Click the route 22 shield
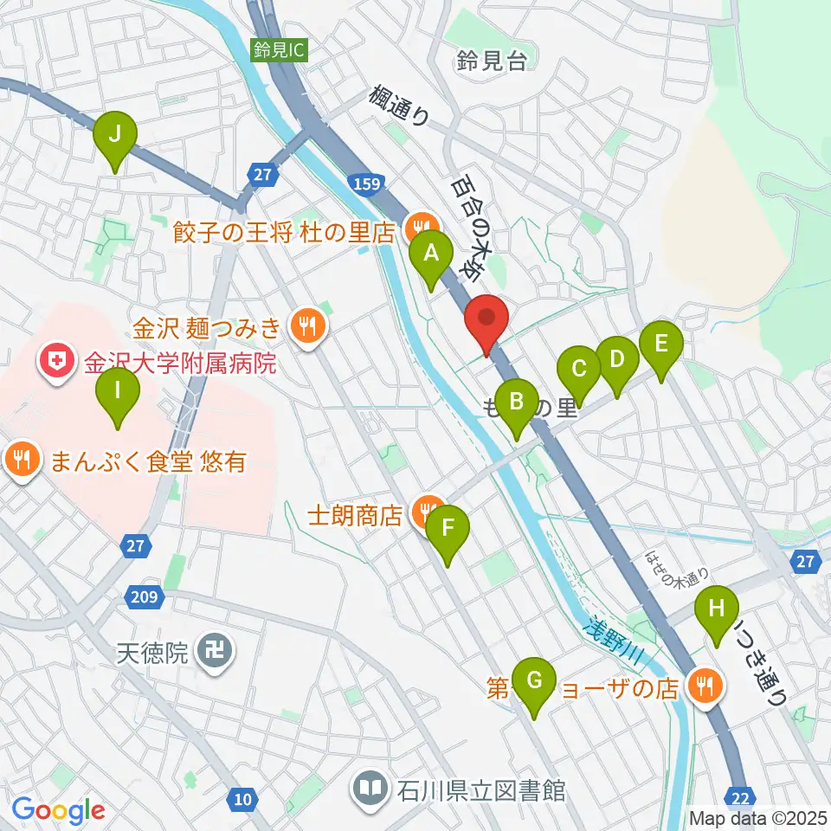739,797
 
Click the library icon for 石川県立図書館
370,789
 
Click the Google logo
58,809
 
